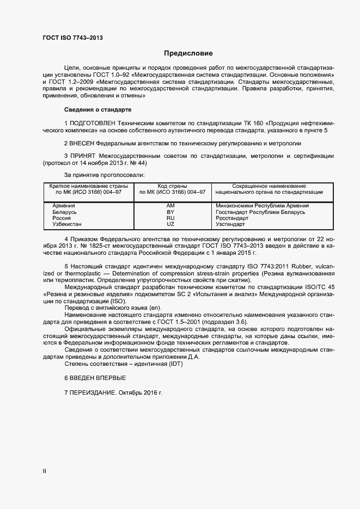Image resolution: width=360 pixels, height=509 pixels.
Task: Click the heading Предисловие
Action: point(188,53)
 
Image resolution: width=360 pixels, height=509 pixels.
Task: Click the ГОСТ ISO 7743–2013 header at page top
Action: point(72,38)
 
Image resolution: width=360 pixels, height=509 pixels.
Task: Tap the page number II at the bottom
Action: point(45,471)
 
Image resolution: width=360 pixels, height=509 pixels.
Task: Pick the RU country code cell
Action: point(170,218)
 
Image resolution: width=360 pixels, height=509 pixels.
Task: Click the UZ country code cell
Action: point(170,224)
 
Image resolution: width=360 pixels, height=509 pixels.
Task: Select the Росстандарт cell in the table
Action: point(231,218)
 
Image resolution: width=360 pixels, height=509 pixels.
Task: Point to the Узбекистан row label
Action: point(67,224)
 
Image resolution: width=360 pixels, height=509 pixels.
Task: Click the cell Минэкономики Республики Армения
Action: point(263,206)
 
